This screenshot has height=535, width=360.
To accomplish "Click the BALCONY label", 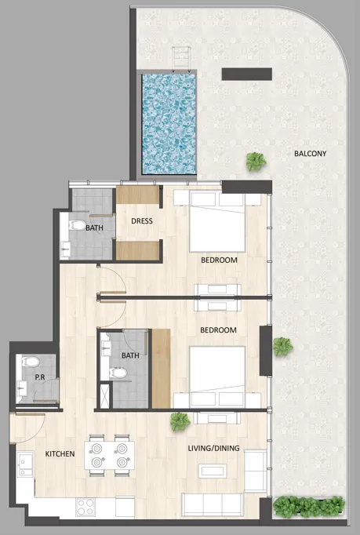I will (310, 154).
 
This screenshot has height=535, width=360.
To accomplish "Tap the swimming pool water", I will (168, 124).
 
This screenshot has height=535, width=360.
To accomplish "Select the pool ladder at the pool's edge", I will (182, 60).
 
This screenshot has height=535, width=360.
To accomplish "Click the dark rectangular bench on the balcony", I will (246, 74).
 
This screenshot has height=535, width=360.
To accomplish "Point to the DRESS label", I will (142, 221).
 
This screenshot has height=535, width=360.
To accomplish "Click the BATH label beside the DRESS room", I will (94, 228).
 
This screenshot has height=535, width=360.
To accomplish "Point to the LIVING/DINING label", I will (213, 449).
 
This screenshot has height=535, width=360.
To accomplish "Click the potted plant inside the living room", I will (180, 422).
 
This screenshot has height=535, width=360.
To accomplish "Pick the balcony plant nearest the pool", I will (256, 162).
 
